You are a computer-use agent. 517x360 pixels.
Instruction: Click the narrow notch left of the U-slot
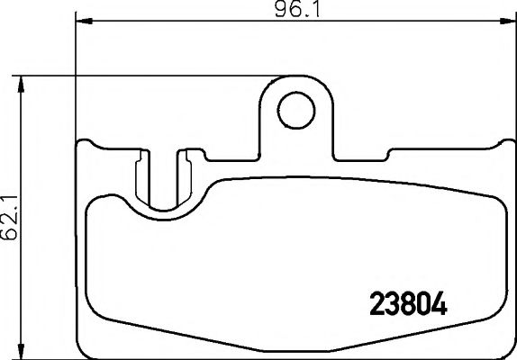[x=138, y=175]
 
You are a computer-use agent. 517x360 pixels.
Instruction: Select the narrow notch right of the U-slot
[x=186, y=175]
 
